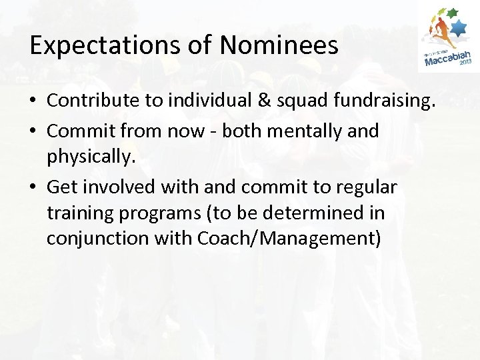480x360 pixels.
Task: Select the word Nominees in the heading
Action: pos(279,45)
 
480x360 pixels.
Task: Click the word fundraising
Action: pos(377,101)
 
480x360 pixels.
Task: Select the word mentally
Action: pos(302,131)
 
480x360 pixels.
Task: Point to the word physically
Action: pos(89,157)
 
